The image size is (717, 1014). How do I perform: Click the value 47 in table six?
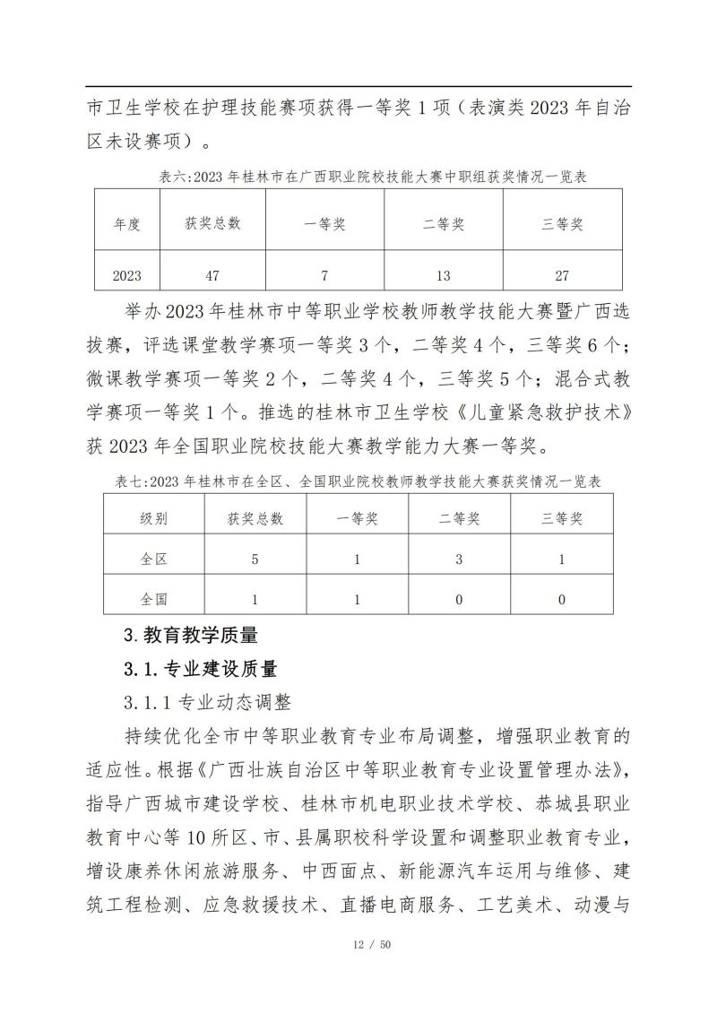tap(212, 276)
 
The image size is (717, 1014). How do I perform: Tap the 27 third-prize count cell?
tap(562, 276)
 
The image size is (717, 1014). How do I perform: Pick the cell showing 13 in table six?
tap(443, 276)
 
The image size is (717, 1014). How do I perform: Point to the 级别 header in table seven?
tap(153, 518)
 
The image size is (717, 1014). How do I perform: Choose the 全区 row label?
tap(153, 559)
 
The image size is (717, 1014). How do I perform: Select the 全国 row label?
tap(153, 599)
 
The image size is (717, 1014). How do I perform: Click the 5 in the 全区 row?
tap(255, 559)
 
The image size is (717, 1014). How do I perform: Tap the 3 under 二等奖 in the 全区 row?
tap(459, 559)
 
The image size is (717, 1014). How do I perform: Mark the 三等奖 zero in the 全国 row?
tap(562, 599)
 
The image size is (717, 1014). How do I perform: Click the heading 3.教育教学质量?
tap(190, 636)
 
